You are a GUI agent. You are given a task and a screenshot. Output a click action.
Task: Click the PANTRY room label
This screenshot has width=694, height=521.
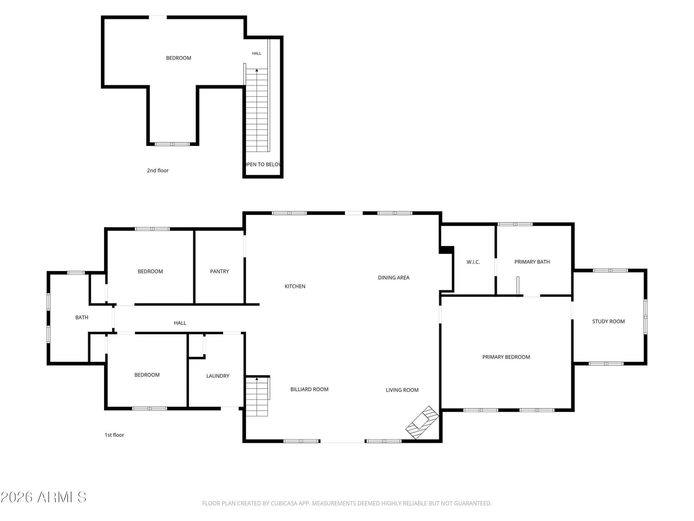tap(219, 271)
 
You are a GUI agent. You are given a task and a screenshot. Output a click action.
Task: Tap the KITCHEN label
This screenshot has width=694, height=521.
tap(295, 286)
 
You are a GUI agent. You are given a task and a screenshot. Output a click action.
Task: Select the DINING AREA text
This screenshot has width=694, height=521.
tap(393, 277)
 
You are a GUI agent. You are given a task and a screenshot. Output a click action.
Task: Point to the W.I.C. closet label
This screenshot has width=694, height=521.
tap(473, 262)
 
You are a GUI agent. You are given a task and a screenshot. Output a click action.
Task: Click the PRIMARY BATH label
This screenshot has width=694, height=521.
tap(532, 262)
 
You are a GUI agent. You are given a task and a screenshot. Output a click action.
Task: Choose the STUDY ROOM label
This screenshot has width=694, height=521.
tap(608, 321)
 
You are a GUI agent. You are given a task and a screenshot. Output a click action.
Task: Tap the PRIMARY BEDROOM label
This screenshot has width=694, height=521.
tap(506, 357)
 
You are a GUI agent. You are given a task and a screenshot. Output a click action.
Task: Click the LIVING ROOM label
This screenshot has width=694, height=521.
tap(402, 390)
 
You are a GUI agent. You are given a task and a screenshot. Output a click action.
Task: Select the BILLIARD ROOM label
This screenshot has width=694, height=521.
tap(309, 389)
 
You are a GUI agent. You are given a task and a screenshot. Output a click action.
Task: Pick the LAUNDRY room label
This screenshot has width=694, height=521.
tap(218, 376)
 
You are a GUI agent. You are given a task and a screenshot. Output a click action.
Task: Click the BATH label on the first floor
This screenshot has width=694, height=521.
tap(82, 317)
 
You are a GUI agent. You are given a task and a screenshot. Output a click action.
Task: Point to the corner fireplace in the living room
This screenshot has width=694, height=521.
tap(422, 422)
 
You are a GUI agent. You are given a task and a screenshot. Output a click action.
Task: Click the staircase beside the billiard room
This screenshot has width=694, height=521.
tap(257, 396)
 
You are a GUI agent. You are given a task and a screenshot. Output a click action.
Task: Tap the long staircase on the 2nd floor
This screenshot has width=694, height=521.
tap(257, 110)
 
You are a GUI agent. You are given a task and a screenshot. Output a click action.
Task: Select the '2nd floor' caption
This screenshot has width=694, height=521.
tap(157, 170)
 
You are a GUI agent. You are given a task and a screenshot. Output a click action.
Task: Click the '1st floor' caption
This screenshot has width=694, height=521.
tap(114, 435)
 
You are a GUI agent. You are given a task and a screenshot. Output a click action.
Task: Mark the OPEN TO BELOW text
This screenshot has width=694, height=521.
tap(263, 164)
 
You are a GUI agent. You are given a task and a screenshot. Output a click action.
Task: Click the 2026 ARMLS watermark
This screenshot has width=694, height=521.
tap(43, 497)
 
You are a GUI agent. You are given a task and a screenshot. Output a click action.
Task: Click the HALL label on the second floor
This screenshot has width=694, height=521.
tap(256, 53)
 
